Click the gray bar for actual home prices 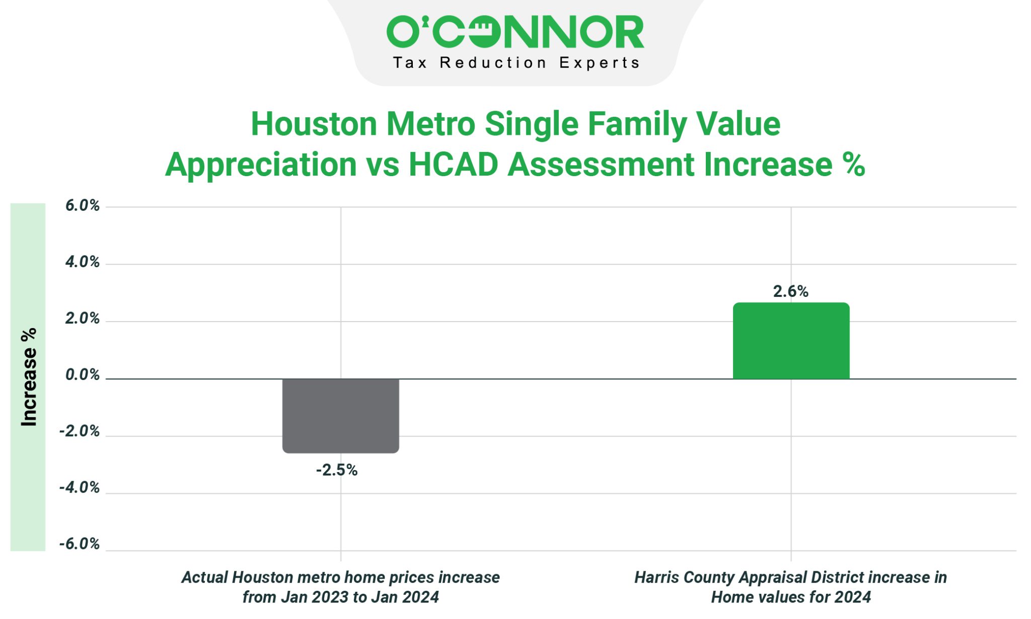(x=340, y=415)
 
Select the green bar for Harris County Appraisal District (x=791, y=341)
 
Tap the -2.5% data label (x=336, y=470)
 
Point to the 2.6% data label (x=790, y=291)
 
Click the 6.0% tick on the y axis (x=82, y=205)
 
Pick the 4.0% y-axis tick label (x=82, y=262)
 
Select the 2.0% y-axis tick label (x=82, y=319)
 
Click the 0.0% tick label (x=82, y=375)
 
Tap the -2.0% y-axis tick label (x=80, y=431)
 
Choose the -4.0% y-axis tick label (x=80, y=488)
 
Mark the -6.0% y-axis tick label (x=80, y=544)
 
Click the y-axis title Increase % (x=29, y=377)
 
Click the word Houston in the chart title (x=314, y=124)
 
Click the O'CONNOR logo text (x=515, y=32)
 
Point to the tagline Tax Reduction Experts (x=515, y=63)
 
